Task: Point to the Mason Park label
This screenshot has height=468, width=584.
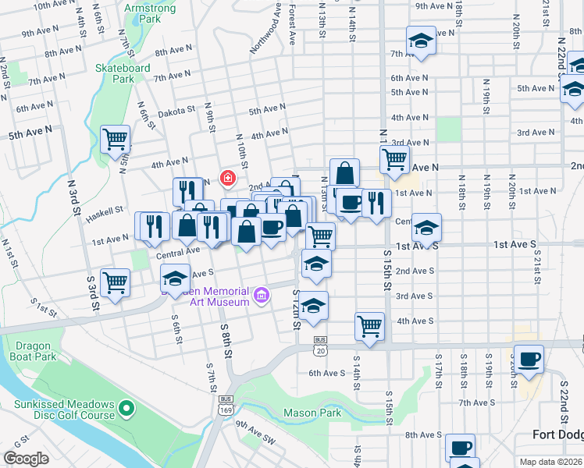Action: coord(312,412)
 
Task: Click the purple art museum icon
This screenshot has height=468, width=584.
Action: coord(262,296)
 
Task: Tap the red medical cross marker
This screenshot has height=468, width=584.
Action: coord(227,179)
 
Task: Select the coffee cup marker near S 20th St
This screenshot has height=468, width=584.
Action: coord(529,359)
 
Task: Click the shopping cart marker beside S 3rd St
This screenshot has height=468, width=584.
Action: coord(115,282)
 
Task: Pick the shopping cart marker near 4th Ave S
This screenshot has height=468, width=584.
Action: coord(369,325)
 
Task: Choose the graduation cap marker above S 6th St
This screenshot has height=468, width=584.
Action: coord(176,278)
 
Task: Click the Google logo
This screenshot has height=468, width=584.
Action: coord(26,459)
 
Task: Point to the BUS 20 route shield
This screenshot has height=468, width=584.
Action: coord(320,346)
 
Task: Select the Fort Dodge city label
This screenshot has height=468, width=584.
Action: coord(557,434)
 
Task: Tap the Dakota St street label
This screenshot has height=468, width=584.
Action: coord(176,112)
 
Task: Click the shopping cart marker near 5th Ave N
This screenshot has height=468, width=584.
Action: coord(116,139)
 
